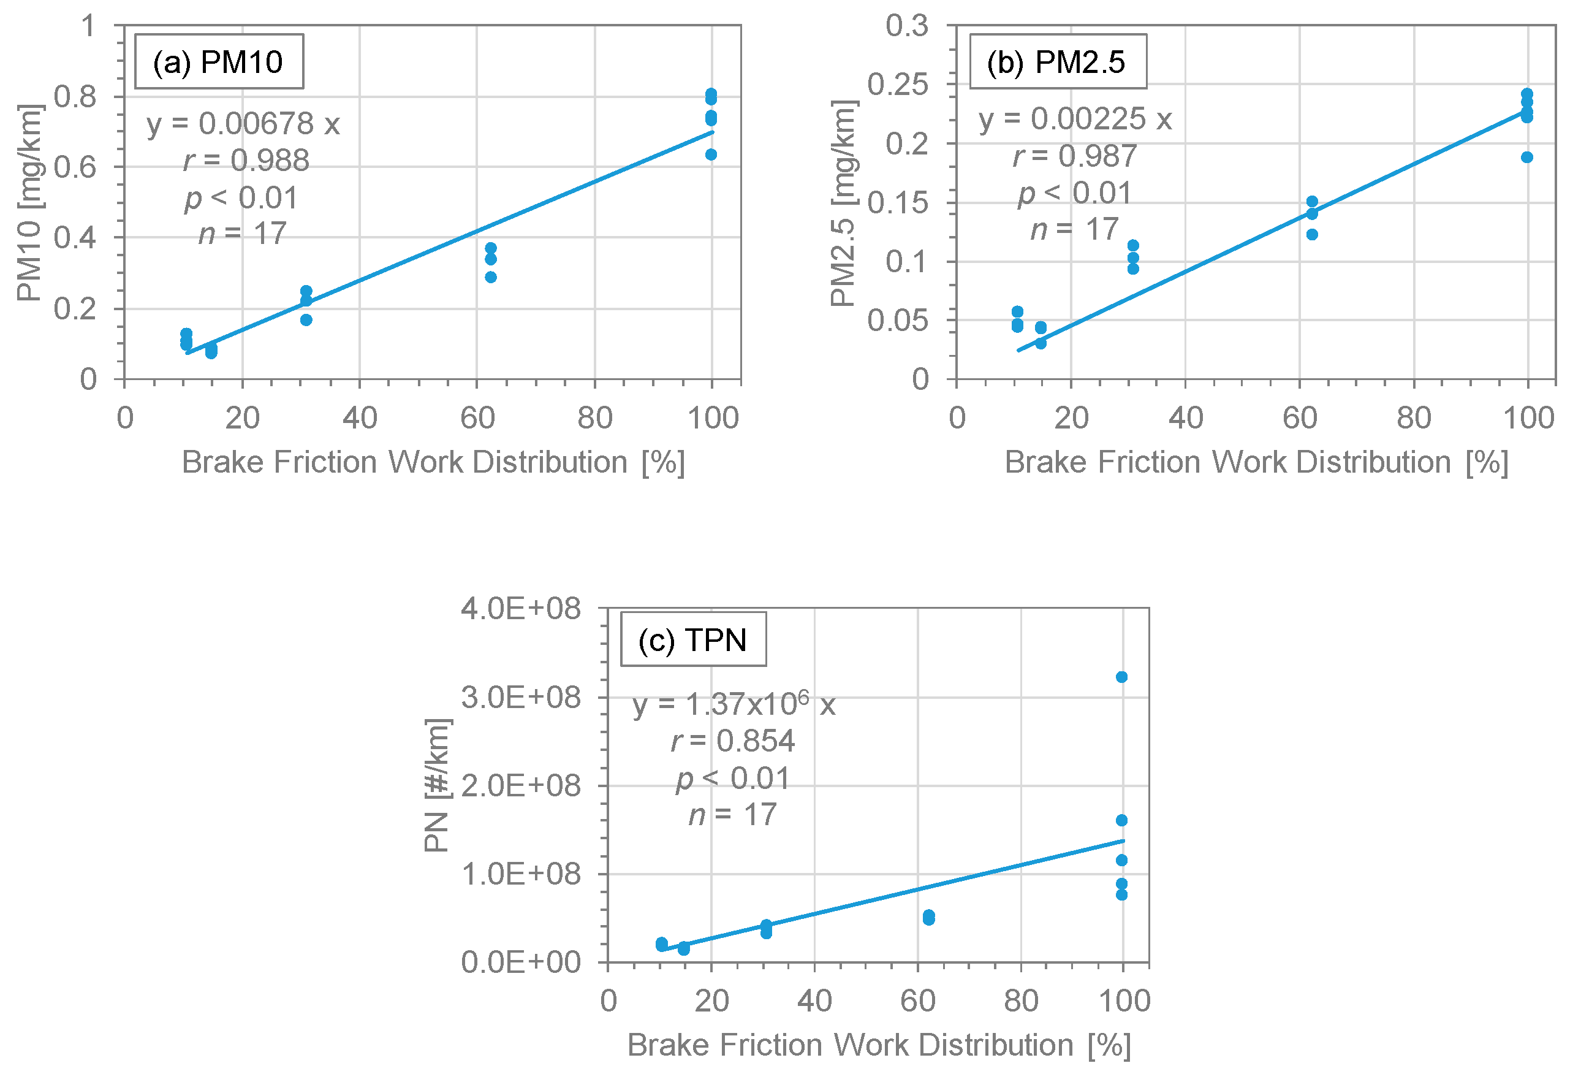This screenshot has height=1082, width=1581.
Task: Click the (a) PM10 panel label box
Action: [219, 62]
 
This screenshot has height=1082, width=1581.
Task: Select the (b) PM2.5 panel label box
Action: [1058, 62]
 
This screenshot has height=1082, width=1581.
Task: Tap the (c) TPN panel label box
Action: [693, 639]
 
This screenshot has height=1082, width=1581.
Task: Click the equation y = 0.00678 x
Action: [243, 124]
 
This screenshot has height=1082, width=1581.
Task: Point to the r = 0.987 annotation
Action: [1075, 156]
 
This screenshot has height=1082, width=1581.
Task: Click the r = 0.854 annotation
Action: [734, 741]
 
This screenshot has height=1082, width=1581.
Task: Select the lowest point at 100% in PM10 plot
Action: [711, 154]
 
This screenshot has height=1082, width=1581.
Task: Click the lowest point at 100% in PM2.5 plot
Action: [1527, 157]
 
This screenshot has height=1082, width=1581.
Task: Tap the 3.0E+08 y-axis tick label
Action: [521, 698]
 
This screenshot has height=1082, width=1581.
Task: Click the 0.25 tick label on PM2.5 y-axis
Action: [897, 85]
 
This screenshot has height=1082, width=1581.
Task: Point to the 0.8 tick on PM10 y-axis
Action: [75, 97]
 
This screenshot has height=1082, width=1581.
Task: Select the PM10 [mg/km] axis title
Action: [30, 203]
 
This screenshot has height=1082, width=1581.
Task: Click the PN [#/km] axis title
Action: [436, 785]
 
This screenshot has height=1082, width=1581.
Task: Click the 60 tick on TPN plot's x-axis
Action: [918, 1001]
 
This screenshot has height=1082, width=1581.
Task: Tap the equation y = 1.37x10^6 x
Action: [734, 704]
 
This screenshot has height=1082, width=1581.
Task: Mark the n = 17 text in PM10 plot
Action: [243, 234]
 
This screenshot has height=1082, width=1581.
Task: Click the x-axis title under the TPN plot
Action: [879, 1045]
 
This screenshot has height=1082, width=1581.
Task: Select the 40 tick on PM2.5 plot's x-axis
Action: [1186, 418]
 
